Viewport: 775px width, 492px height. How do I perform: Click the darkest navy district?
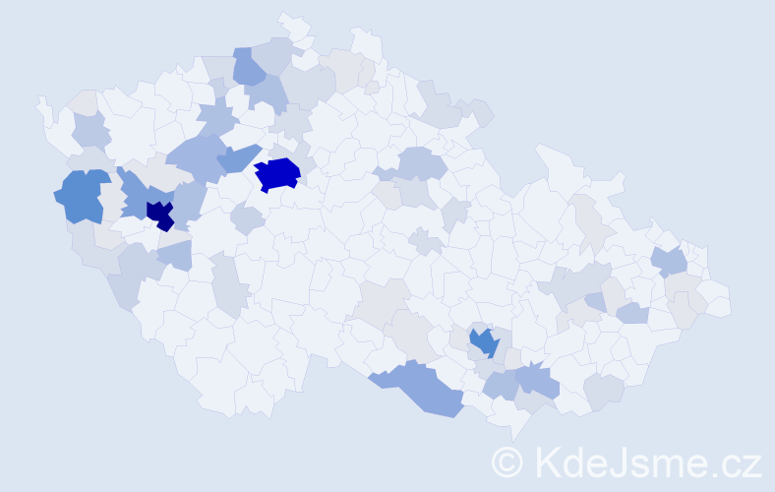tap(160, 215)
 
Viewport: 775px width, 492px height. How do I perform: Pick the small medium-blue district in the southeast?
tap(483, 341)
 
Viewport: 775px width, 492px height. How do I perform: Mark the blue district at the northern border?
tap(250, 66)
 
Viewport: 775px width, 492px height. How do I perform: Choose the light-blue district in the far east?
tap(668, 261)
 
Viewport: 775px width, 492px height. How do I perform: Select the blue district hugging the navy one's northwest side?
tap(133, 189)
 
